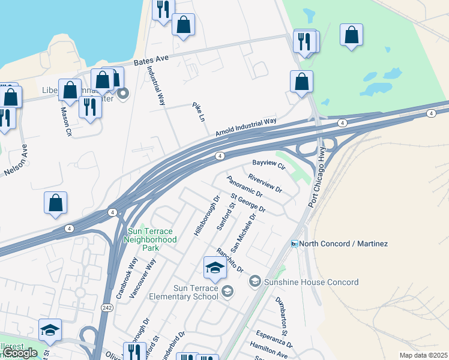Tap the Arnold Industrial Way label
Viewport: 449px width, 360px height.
tap(246, 127)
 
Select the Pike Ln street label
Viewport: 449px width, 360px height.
tap(199, 112)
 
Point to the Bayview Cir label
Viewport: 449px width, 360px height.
tap(267, 163)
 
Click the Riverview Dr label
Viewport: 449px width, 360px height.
tap(265, 183)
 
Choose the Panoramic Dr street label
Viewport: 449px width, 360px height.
tap(246, 187)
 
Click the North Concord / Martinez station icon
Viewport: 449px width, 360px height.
tap(295, 244)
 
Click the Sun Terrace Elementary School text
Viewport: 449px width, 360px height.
tap(196, 292)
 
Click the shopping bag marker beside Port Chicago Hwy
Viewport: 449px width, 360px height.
tap(301, 82)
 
